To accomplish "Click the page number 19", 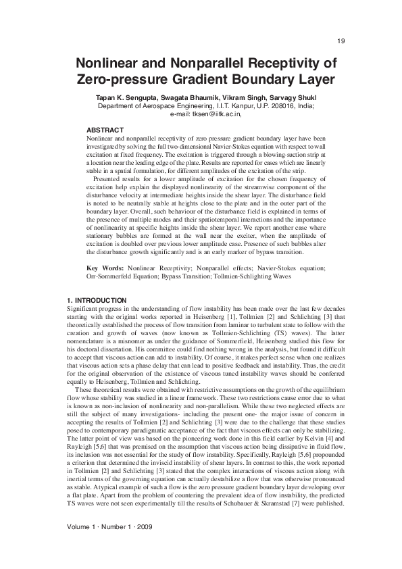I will [341, 41].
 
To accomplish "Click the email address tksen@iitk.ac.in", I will [215, 115].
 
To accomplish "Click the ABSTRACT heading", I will [105, 130].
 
